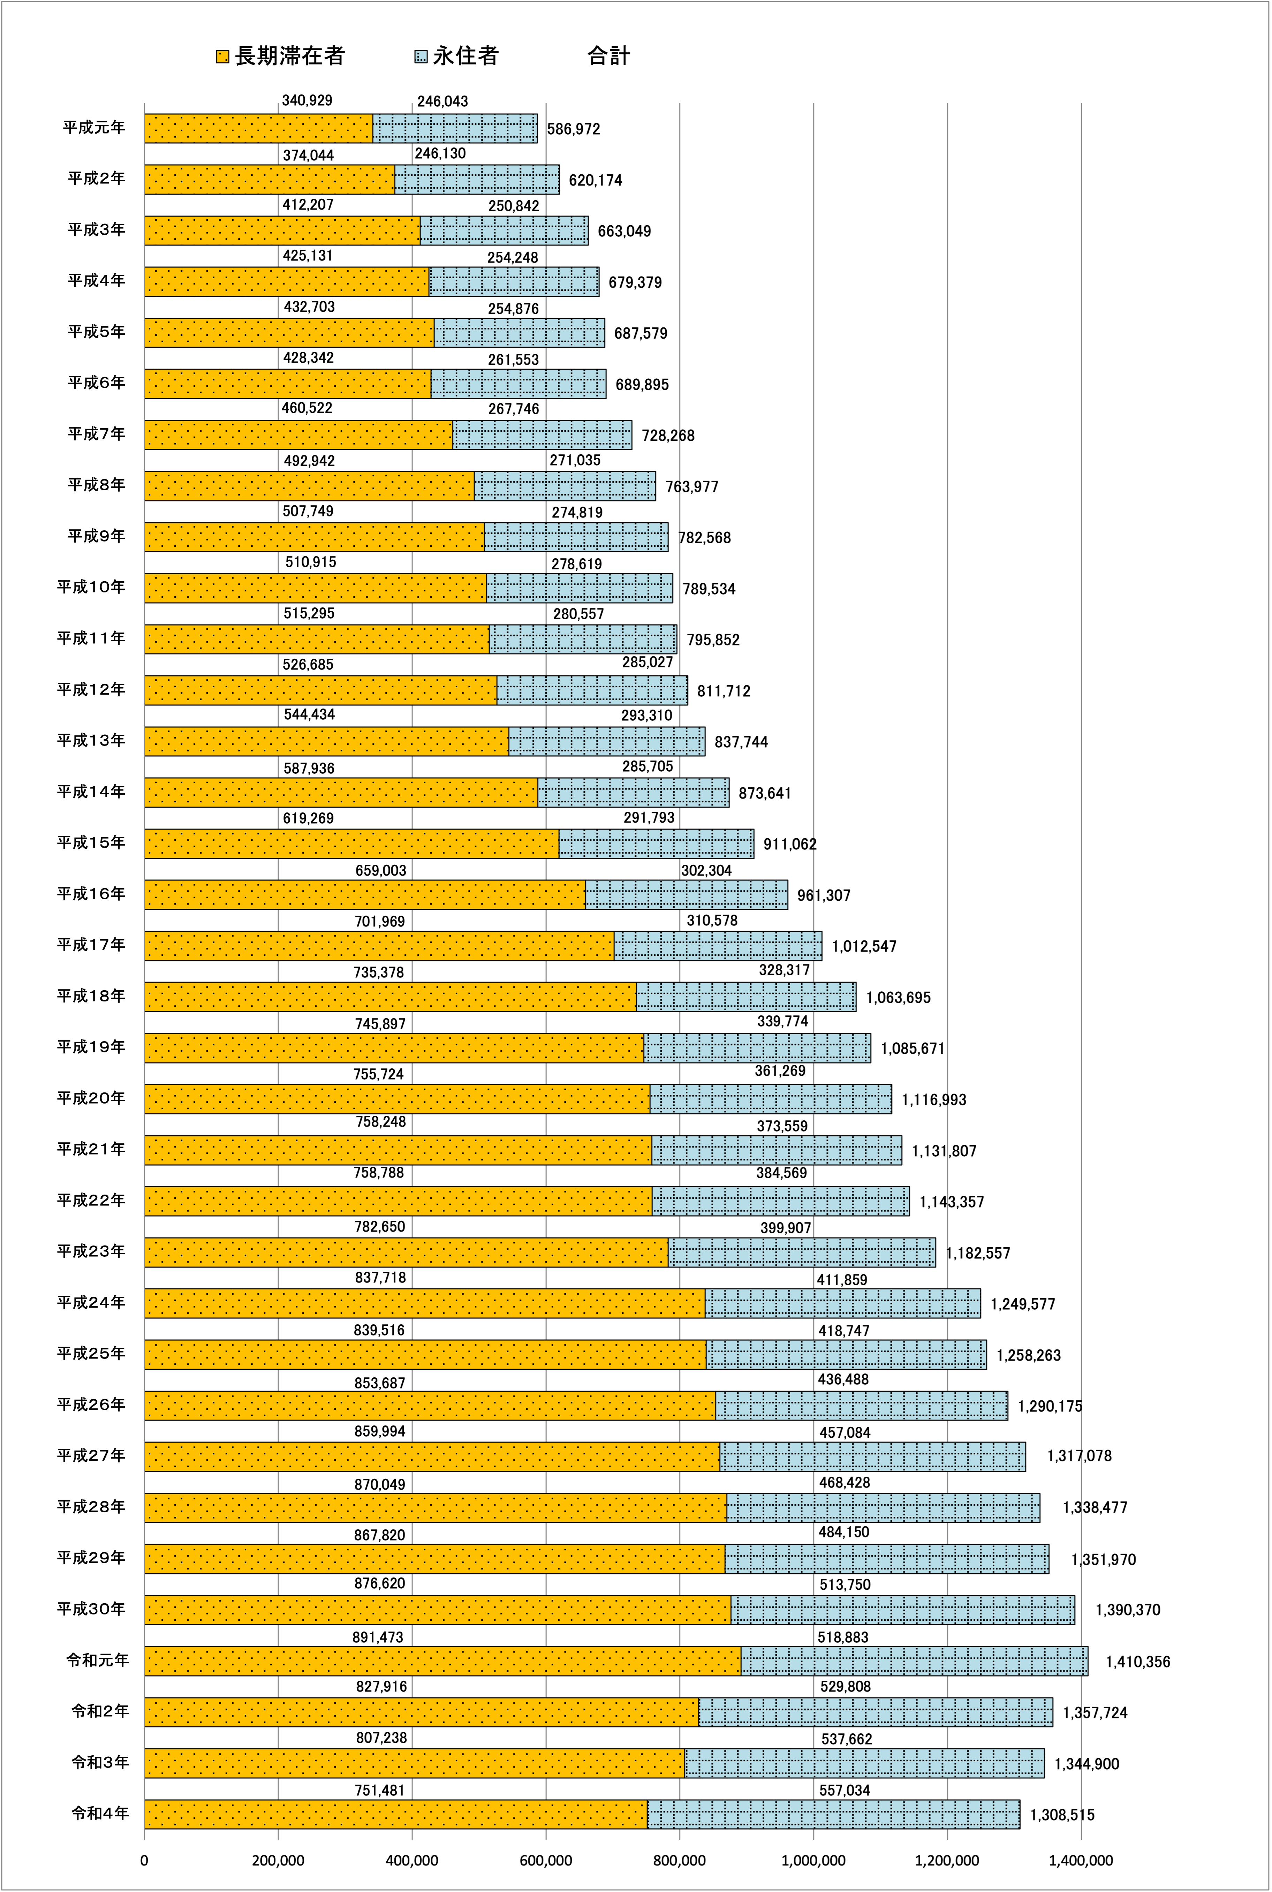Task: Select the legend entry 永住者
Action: (457, 56)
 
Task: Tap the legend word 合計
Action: (608, 56)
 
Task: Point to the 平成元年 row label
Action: (94, 127)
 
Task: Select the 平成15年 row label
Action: (91, 843)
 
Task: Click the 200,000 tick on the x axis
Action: (278, 1860)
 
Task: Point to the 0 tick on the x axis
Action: (144, 1860)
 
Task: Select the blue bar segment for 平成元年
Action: (455, 128)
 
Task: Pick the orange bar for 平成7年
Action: (298, 435)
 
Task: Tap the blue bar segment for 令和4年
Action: (834, 1814)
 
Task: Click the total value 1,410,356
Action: (1138, 1662)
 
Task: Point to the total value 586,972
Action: (574, 129)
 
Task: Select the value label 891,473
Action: (378, 1637)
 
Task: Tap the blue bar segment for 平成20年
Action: (771, 1098)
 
